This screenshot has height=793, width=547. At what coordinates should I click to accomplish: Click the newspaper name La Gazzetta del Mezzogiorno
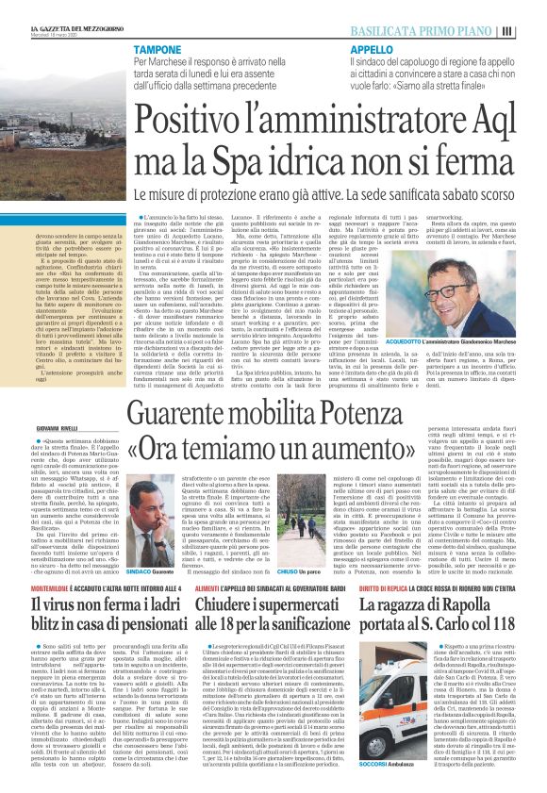[x=71, y=29]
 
